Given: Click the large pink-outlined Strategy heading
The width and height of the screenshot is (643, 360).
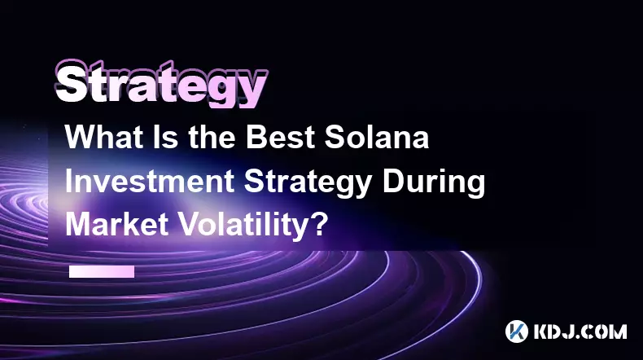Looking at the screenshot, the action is click(162, 84).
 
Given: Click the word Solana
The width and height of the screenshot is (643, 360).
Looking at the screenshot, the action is click(377, 137).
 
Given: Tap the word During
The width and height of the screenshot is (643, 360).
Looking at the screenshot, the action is click(435, 183).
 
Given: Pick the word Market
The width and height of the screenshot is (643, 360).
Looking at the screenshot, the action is click(117, 225).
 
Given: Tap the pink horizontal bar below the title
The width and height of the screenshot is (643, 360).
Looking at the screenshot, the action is click(102, 272).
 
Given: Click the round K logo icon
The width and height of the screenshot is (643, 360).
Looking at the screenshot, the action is click(516, 331).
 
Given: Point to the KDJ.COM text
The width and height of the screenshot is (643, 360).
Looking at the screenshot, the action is click(580, 331).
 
